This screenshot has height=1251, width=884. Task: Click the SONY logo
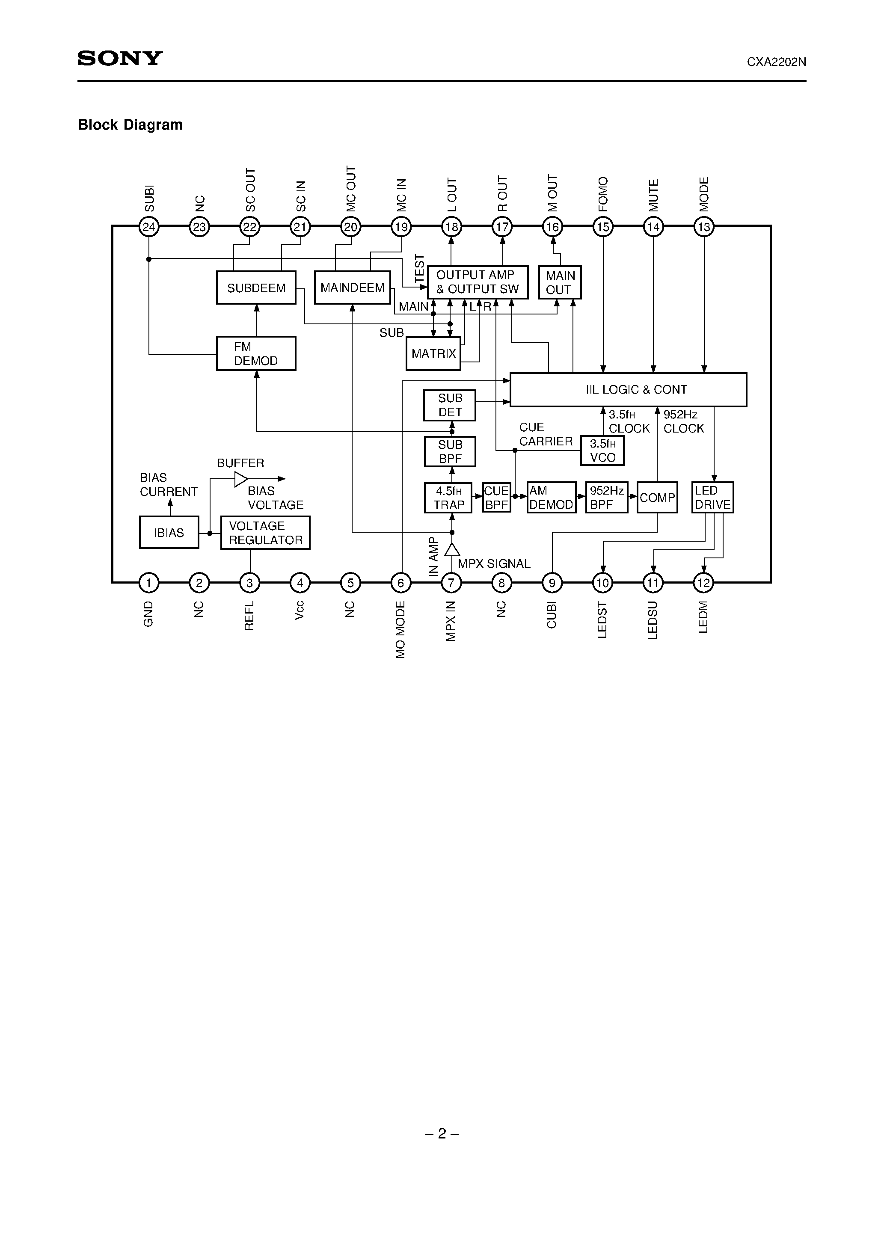click(x=120, y=58)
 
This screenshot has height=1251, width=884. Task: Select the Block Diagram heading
click(x=130, y=125)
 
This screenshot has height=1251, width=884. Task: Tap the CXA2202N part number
click(x=776, y=62)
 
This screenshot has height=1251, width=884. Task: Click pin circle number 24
click(x=149, y=227)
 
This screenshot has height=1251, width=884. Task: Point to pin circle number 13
click(x=703, y=227)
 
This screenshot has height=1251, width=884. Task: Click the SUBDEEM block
click(x=256, y=288)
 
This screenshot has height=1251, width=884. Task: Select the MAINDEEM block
click(x=352, y=288)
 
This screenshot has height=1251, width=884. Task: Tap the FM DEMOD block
click(x=256, y=354)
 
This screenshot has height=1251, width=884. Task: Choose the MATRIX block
click(x=433, y=354)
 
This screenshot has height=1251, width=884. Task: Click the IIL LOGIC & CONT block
click(x=628, y=390)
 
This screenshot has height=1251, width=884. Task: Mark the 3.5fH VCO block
click(x=602, y=451)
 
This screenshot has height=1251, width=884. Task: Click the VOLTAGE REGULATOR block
click(x=265, y=533)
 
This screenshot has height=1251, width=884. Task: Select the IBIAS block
click(x=169, y=532)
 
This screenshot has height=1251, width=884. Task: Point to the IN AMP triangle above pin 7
click(x=451, y=550)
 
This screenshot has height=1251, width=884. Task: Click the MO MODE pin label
click(x=400, y=629)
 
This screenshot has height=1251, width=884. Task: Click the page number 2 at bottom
click(x=442, y=1134)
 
